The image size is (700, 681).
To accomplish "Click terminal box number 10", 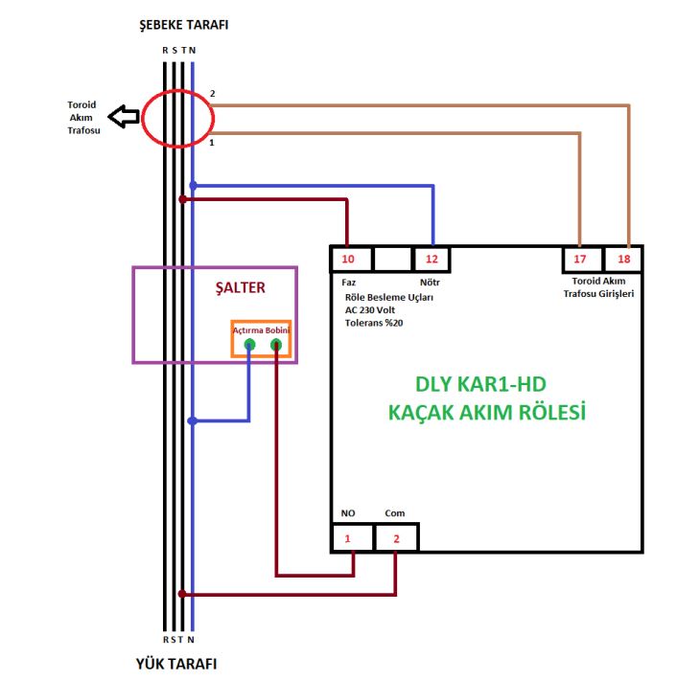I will tap(347, 259).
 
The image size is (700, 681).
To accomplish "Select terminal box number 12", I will tap(431, 259).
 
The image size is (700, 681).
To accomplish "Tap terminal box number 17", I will tap(580, 259).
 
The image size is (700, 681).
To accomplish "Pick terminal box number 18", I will tap(623, 259).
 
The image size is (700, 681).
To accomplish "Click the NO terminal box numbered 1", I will tap(349, 538).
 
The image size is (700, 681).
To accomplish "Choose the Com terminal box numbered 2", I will tap(397, 538).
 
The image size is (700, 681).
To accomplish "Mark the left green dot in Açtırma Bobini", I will tap(249, 345).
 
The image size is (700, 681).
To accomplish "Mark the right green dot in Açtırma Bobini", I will tap(275, 345).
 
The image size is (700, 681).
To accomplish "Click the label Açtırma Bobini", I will tap(262, 329).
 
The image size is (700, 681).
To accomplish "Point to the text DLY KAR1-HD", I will tap(486, 384).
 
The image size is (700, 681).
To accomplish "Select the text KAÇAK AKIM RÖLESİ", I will tap(486, 413).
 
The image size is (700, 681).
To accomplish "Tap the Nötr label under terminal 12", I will tap(430, 284).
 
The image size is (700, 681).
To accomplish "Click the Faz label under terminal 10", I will tap(348, 284).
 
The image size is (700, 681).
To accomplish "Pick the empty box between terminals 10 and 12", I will tap(390, 259).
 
